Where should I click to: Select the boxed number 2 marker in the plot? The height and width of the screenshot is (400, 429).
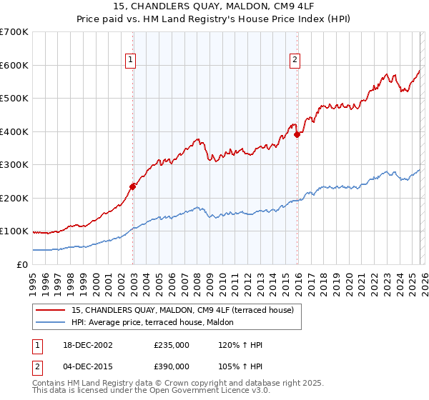295,61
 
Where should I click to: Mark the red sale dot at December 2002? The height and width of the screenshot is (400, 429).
133,186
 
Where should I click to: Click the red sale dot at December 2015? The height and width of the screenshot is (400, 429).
297,135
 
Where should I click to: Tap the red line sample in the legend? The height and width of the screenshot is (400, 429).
51,310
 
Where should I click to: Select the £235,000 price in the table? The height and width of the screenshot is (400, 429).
172,345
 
